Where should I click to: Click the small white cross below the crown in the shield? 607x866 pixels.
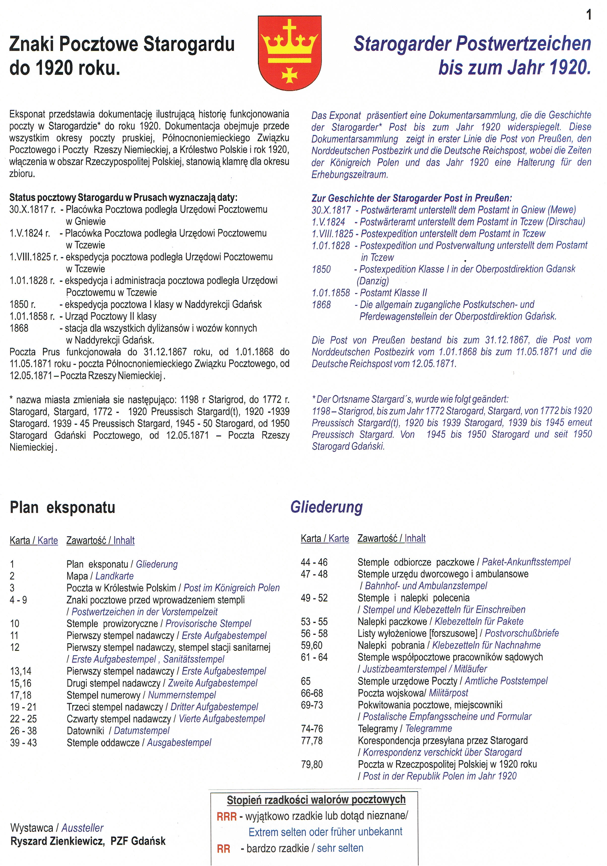point(290,74)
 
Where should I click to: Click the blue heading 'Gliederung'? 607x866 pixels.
point(326,507)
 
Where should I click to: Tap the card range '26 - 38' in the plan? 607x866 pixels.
point(23,731)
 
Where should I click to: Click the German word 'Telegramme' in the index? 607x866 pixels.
point(429,728)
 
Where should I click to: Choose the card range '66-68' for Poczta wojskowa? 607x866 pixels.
point(312,693)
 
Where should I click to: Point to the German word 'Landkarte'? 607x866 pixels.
point(114,576)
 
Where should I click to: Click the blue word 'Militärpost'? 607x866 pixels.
point(448,693)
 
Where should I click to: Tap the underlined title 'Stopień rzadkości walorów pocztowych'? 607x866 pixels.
point(316,800)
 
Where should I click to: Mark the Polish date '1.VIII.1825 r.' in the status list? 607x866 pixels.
point(33,257)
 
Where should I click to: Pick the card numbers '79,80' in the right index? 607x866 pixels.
point(312,764)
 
